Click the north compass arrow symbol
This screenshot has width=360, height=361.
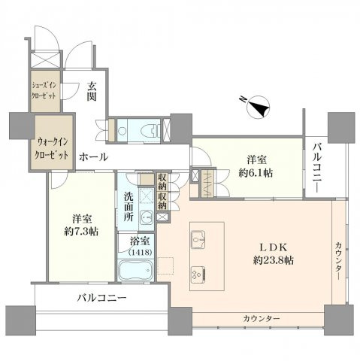[259, 108]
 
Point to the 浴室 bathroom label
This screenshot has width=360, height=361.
[140, 243]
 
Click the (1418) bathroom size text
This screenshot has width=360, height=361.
[140, 253]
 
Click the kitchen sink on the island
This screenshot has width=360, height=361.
[200, 239]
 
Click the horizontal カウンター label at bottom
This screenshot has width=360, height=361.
[261, 320]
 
